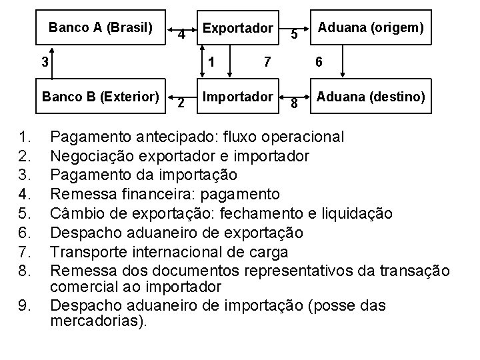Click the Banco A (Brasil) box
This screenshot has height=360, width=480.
click(x=100, y=28)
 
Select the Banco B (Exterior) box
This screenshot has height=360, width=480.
click(x=100, y=97)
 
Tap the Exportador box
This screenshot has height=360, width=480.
click(x=238, y=28)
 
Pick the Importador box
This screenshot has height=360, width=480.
click(x=238, y=97)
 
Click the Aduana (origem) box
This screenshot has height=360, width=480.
click(x=371, y=28)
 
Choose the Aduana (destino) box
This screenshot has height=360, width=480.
click(x=371, y=97)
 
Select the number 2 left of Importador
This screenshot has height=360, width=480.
click(x=180, y=103)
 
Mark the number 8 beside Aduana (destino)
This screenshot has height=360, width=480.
click(x=293, y=103)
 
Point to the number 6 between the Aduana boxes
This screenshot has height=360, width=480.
click(x=319, y=62)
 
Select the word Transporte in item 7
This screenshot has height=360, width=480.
click(x=89, y=252)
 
